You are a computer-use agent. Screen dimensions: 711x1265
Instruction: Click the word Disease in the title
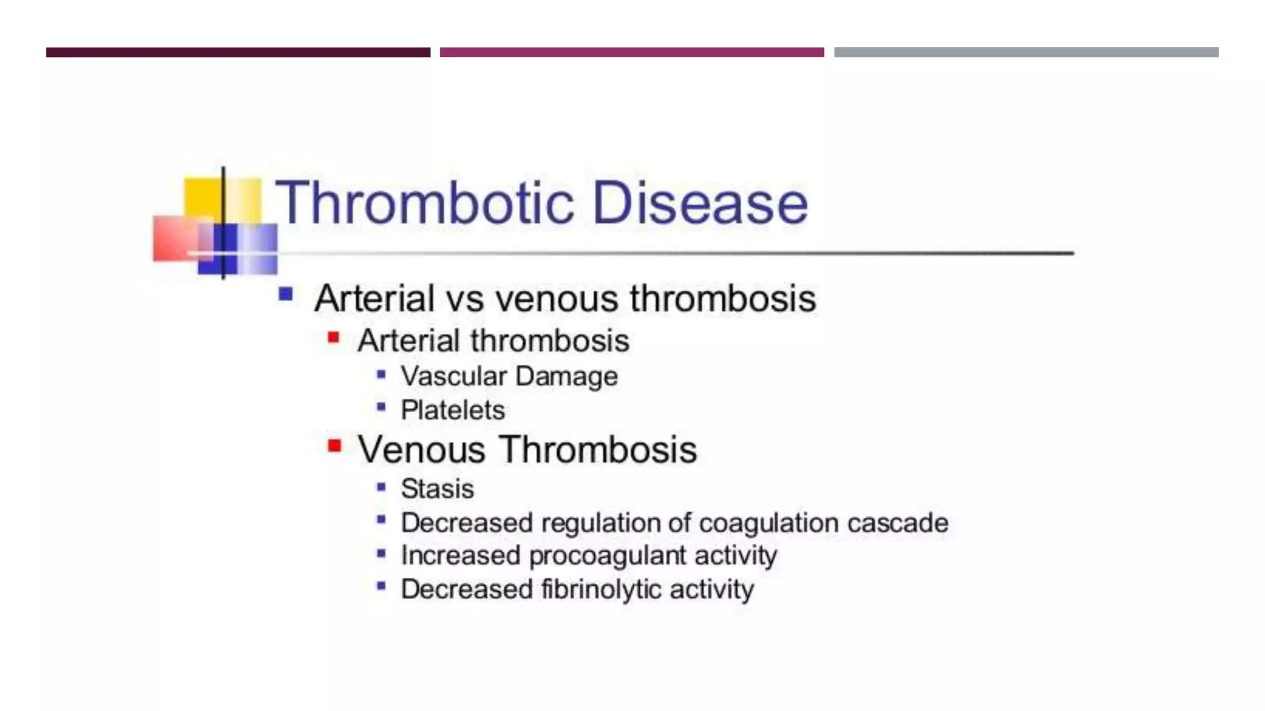700,203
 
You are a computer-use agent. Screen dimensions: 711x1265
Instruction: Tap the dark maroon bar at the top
238,52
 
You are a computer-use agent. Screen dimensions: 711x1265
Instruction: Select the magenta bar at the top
631,52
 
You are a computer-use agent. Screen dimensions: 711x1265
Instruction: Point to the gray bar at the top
1026,52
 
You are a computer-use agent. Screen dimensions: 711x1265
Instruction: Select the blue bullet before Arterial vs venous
285,294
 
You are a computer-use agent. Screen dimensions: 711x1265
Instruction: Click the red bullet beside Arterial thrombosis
334,338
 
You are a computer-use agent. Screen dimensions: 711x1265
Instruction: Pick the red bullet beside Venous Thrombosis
334,446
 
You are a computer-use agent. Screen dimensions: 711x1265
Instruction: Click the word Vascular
453,376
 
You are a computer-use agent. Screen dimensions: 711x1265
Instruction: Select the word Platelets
453,410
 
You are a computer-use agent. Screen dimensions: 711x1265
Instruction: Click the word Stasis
437,489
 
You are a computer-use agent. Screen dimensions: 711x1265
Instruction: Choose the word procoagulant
607,556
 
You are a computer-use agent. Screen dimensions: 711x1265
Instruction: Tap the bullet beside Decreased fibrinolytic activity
381,586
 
